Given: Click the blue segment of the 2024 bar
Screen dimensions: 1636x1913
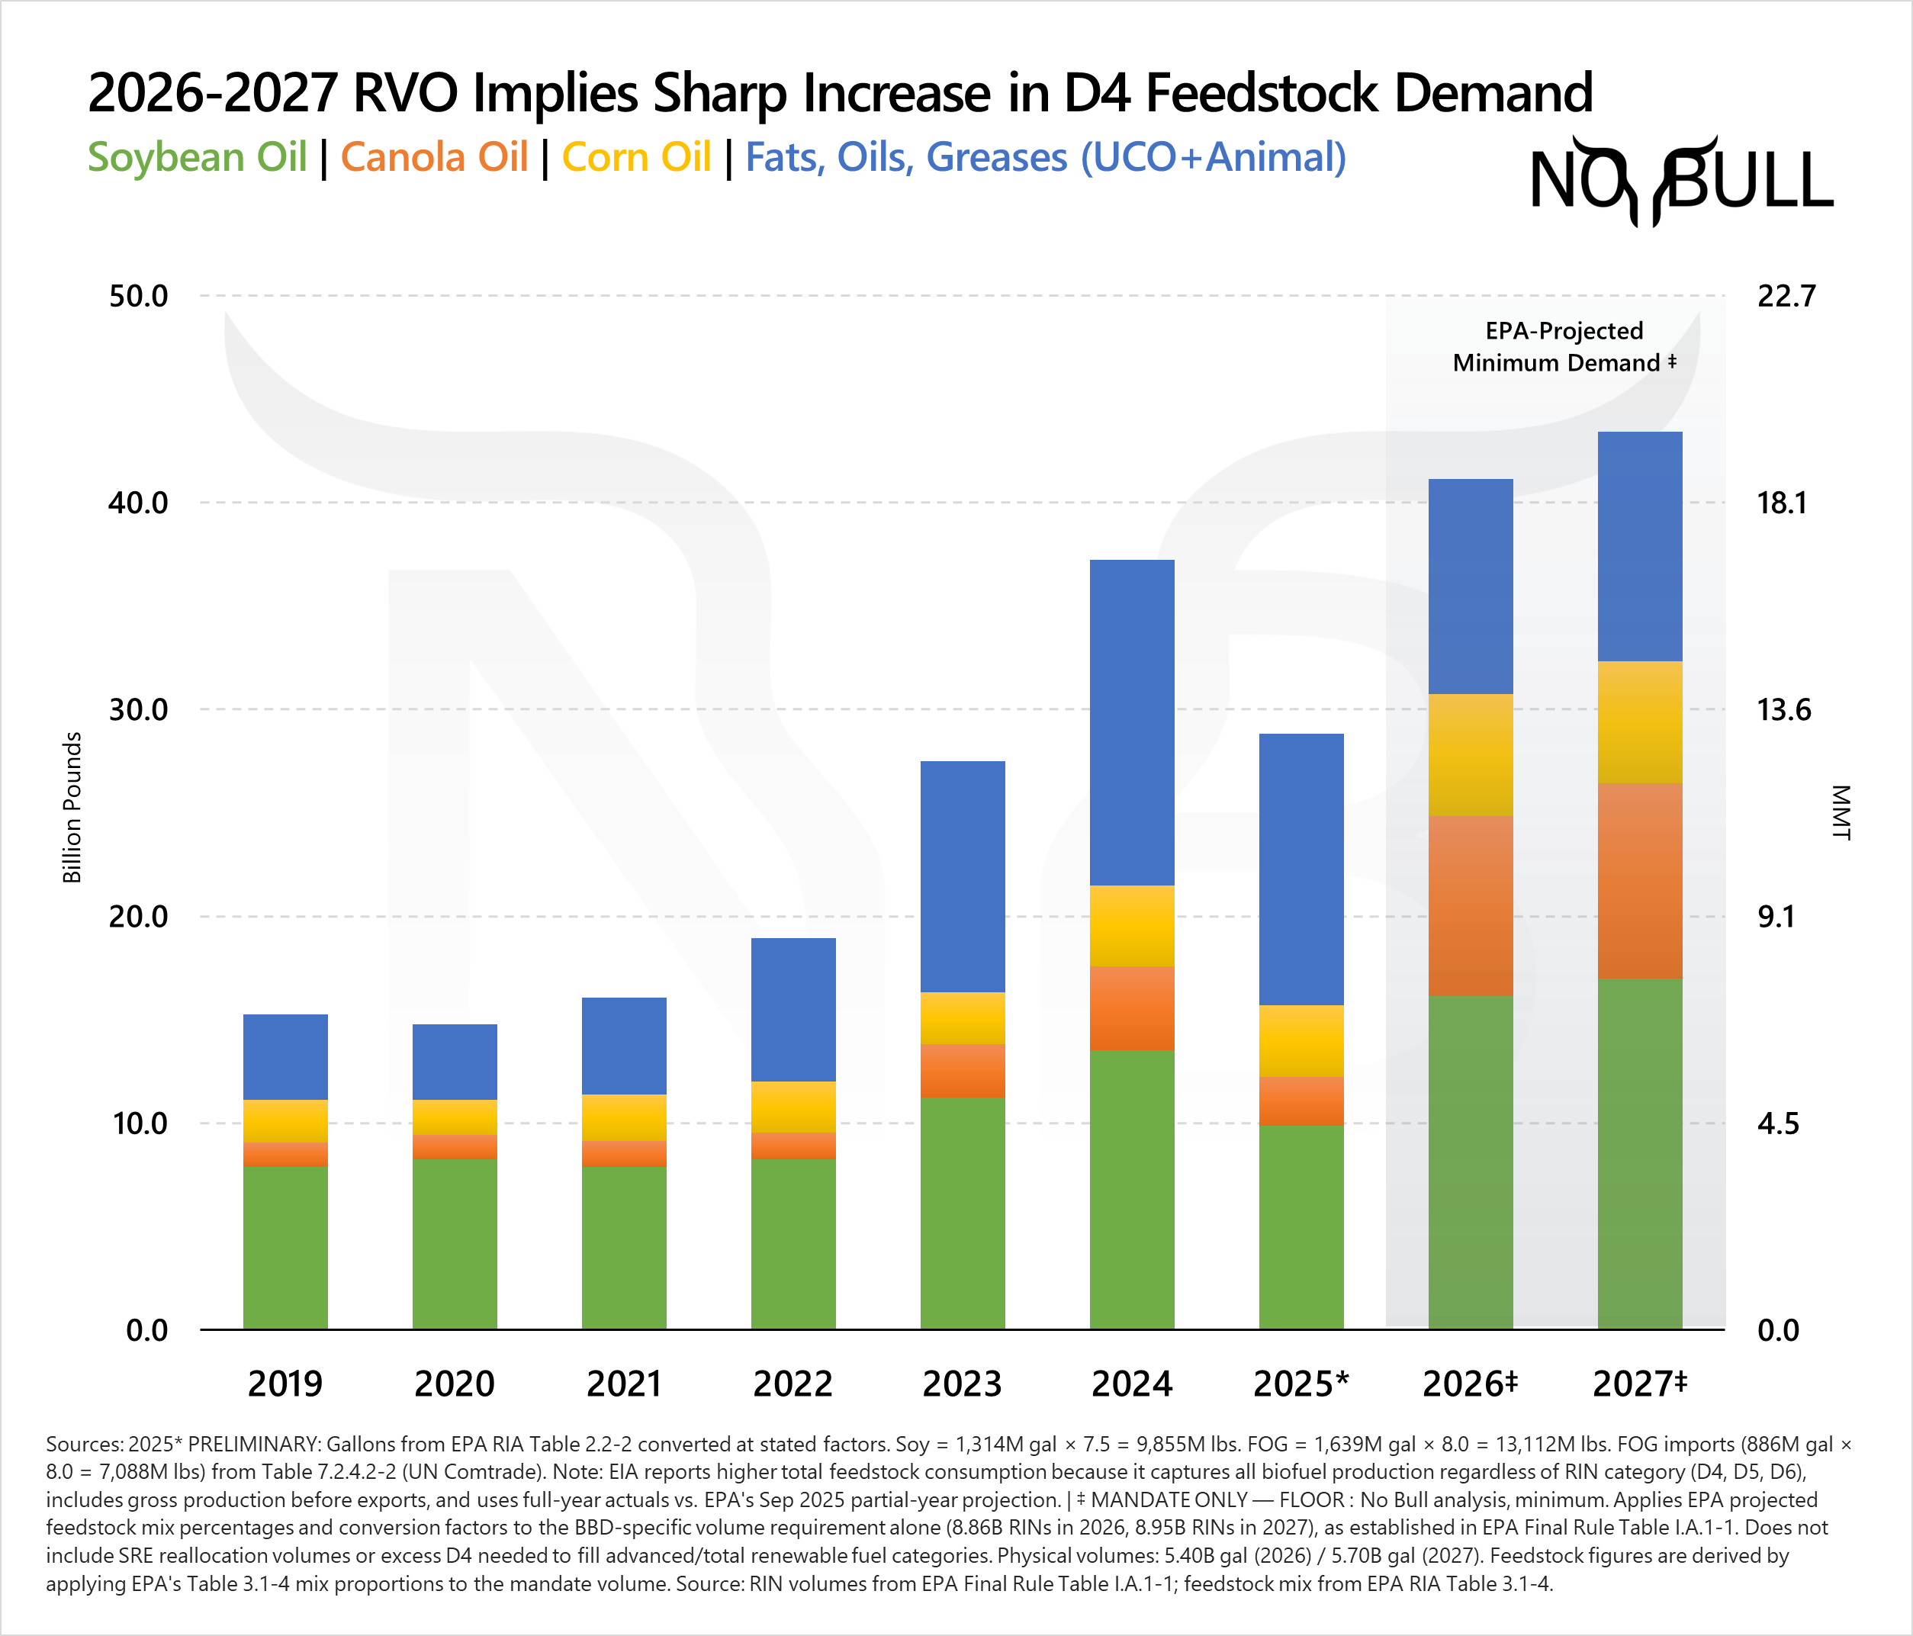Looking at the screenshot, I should tap(1132, 722).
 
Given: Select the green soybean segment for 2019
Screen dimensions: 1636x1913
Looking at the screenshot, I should tap(285, 1246).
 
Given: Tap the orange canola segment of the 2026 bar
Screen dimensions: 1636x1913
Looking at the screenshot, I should tap(1470, 905).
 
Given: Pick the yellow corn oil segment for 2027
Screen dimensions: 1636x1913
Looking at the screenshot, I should tap(1640, 722).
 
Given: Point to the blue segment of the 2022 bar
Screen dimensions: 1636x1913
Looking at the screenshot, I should tap(793, 1009).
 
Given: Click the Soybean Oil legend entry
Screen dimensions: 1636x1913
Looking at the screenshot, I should tap(197, 157).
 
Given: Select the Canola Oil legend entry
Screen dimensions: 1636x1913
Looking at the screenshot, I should tap(434, 157).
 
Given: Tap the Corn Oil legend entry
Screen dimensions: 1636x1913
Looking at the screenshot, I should tap(636, 157).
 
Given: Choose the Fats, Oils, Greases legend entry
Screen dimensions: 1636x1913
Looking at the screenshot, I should tap(1045, 157).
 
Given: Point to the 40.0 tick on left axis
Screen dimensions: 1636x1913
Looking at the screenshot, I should tap(139, 503).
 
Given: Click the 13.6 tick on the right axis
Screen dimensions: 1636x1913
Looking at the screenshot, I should tap(1784, 710).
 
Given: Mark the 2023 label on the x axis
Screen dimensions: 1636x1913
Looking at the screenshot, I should tap(962, 1383).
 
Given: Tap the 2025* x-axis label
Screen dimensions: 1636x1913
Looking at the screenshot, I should tap(1301, 1383).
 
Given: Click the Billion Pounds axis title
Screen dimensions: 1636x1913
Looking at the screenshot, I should tap(72, 807).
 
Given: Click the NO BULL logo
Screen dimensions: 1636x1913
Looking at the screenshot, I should tap(1680, 181).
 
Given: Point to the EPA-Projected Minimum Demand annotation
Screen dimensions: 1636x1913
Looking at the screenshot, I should tap(1564, 346).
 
